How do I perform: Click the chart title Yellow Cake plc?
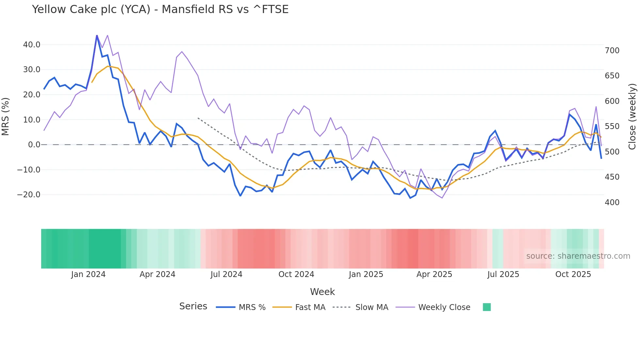click(160, 9)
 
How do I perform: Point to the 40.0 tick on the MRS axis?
click(32, 45)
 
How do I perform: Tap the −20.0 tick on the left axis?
click(29, 195)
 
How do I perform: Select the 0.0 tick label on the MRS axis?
click(34, 145)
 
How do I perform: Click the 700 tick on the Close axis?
click(612, 51)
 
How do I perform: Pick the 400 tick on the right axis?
click(612, 203)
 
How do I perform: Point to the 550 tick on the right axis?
click(612, 126)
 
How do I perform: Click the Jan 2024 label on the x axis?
click(88, 274)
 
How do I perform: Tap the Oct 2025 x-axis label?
click(573, 274)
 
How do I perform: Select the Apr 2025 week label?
click(434, 274)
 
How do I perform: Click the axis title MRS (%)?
click(5, 116)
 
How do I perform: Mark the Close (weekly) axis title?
click(632, 116)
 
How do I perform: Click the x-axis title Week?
click(322, 292)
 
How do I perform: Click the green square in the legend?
click(487, 307)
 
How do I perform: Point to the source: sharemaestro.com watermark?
click(578, 256)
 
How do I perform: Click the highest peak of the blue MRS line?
click(97, 36)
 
